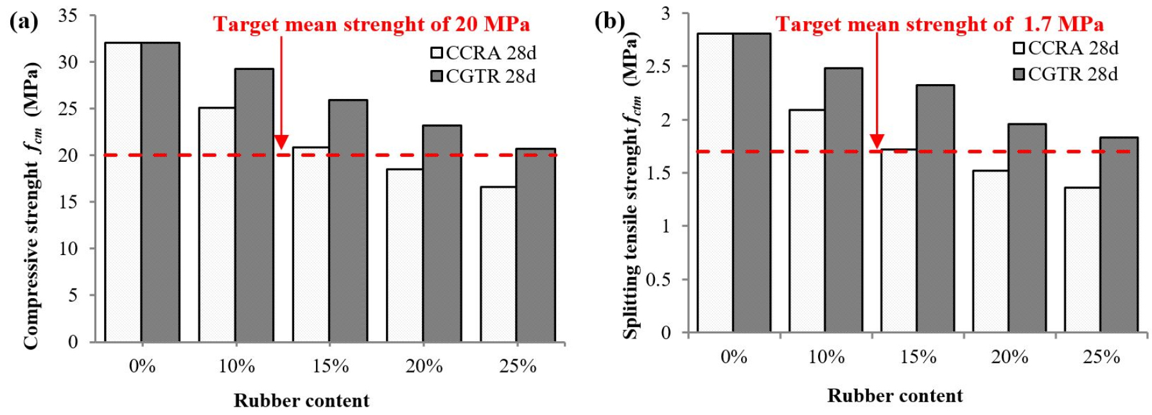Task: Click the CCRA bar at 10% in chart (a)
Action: point(217,224)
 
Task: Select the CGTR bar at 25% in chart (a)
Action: point(536,245)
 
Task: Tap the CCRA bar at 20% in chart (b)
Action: point(990,251)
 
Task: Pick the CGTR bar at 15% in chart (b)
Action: point(935,208)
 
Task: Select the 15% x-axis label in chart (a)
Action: point(331,366)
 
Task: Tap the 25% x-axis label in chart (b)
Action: point(1102,357)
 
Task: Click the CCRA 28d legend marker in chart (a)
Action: point(437,53)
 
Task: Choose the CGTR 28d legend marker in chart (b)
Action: point(1019,75)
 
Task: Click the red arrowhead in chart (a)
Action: point(281,142)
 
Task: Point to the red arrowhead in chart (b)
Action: point(877,141)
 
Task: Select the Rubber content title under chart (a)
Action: point(301,401)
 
